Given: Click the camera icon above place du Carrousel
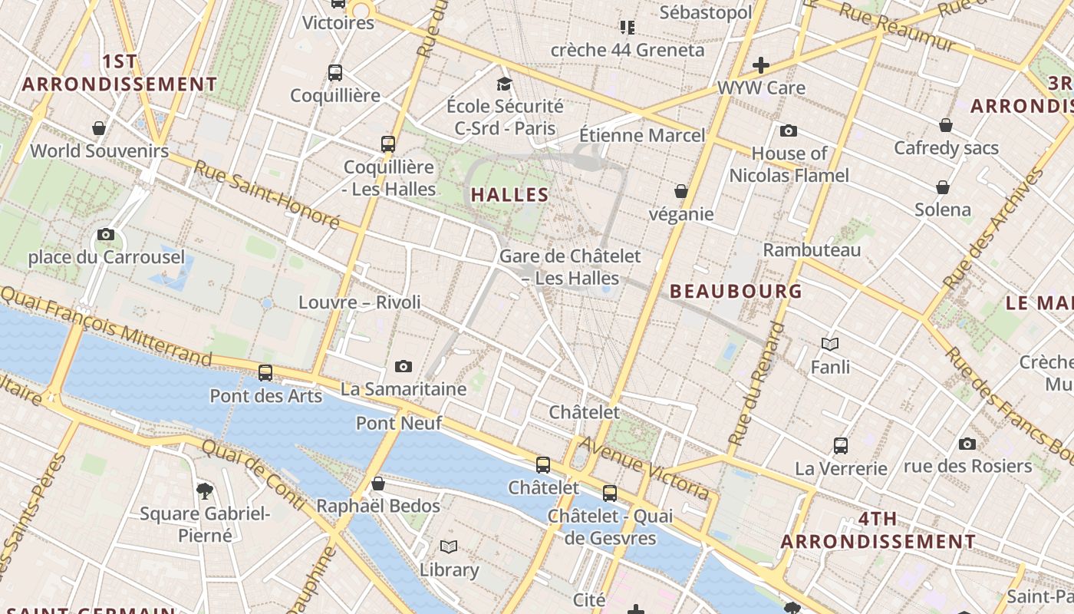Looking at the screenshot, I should [106, 234].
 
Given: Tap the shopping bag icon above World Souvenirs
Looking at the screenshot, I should [99, 127].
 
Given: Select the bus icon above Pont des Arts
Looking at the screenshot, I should [265, 373].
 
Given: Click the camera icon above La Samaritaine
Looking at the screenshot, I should [404, 366].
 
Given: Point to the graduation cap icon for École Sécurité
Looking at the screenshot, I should [504, 84].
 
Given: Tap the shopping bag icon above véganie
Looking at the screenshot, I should [680, 191].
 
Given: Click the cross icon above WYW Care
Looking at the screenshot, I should [760, 65].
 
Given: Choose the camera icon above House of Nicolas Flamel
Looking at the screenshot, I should [789, 130].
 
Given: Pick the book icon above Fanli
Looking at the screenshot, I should [830, 344].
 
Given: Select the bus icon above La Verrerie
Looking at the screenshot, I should [841, 445].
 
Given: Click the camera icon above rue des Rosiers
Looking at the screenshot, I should [967, 444].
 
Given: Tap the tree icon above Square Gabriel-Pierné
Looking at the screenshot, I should [205, 490].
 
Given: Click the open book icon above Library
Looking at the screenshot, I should [449, 546].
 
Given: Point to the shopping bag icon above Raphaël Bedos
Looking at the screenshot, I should [377, 484].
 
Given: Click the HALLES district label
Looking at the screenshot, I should [510, 195].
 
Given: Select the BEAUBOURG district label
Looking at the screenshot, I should [736, 291].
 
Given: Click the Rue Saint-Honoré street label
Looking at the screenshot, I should [265, 194].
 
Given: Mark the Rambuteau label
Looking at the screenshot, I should [812, 249].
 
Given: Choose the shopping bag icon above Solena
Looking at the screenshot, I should [943, 187].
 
